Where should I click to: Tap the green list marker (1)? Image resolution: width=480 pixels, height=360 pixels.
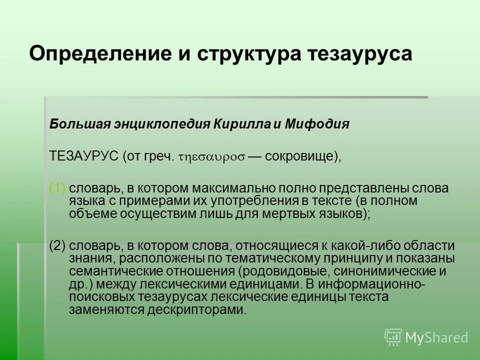pyautogui.click(x=57, y=188)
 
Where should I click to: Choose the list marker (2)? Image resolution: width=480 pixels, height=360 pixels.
pyautogui.click(x=57, y=246)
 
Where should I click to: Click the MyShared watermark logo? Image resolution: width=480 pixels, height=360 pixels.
pyautogui.click(x=426, y=337)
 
